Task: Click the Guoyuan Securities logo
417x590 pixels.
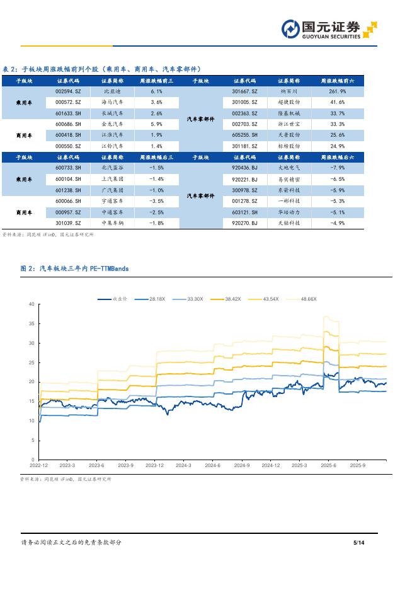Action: point(328,30)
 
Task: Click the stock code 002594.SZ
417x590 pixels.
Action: point(68,91)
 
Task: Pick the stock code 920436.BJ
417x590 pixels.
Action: point(244,168)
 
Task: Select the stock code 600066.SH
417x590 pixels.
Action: point(68,200)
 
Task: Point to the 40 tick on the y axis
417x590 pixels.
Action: point(31,304)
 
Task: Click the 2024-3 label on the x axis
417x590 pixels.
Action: point(183,465)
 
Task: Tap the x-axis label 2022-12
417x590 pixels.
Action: point(38,465)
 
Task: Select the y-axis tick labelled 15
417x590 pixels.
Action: point(31,401)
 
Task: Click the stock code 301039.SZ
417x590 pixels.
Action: point(68,223)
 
